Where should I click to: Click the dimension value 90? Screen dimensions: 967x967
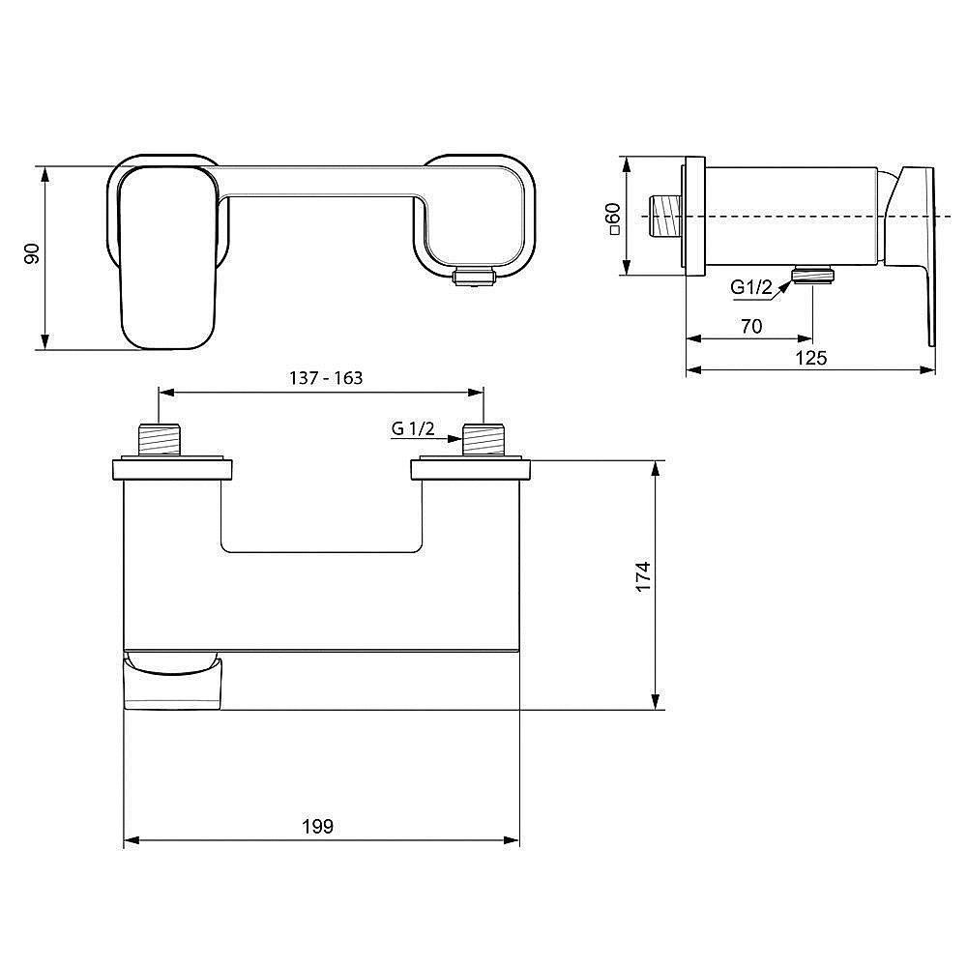point(31,255)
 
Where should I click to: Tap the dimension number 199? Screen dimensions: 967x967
point(317,826)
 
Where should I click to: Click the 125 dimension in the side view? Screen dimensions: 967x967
point(810,358)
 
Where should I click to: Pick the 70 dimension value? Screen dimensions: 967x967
point(750,327)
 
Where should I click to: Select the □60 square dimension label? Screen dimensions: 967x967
point(611,220)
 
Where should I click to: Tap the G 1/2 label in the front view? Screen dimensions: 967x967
point(413,429)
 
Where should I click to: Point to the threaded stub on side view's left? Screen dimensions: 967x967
point(664,215)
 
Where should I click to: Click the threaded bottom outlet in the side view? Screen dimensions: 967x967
point(813,276)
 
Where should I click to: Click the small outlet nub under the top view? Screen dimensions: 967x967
point(474,278)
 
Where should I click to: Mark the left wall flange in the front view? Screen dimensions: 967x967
point(172,469)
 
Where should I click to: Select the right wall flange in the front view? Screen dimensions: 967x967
point(471,469)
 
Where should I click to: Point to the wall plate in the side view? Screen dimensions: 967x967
point(692,215)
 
